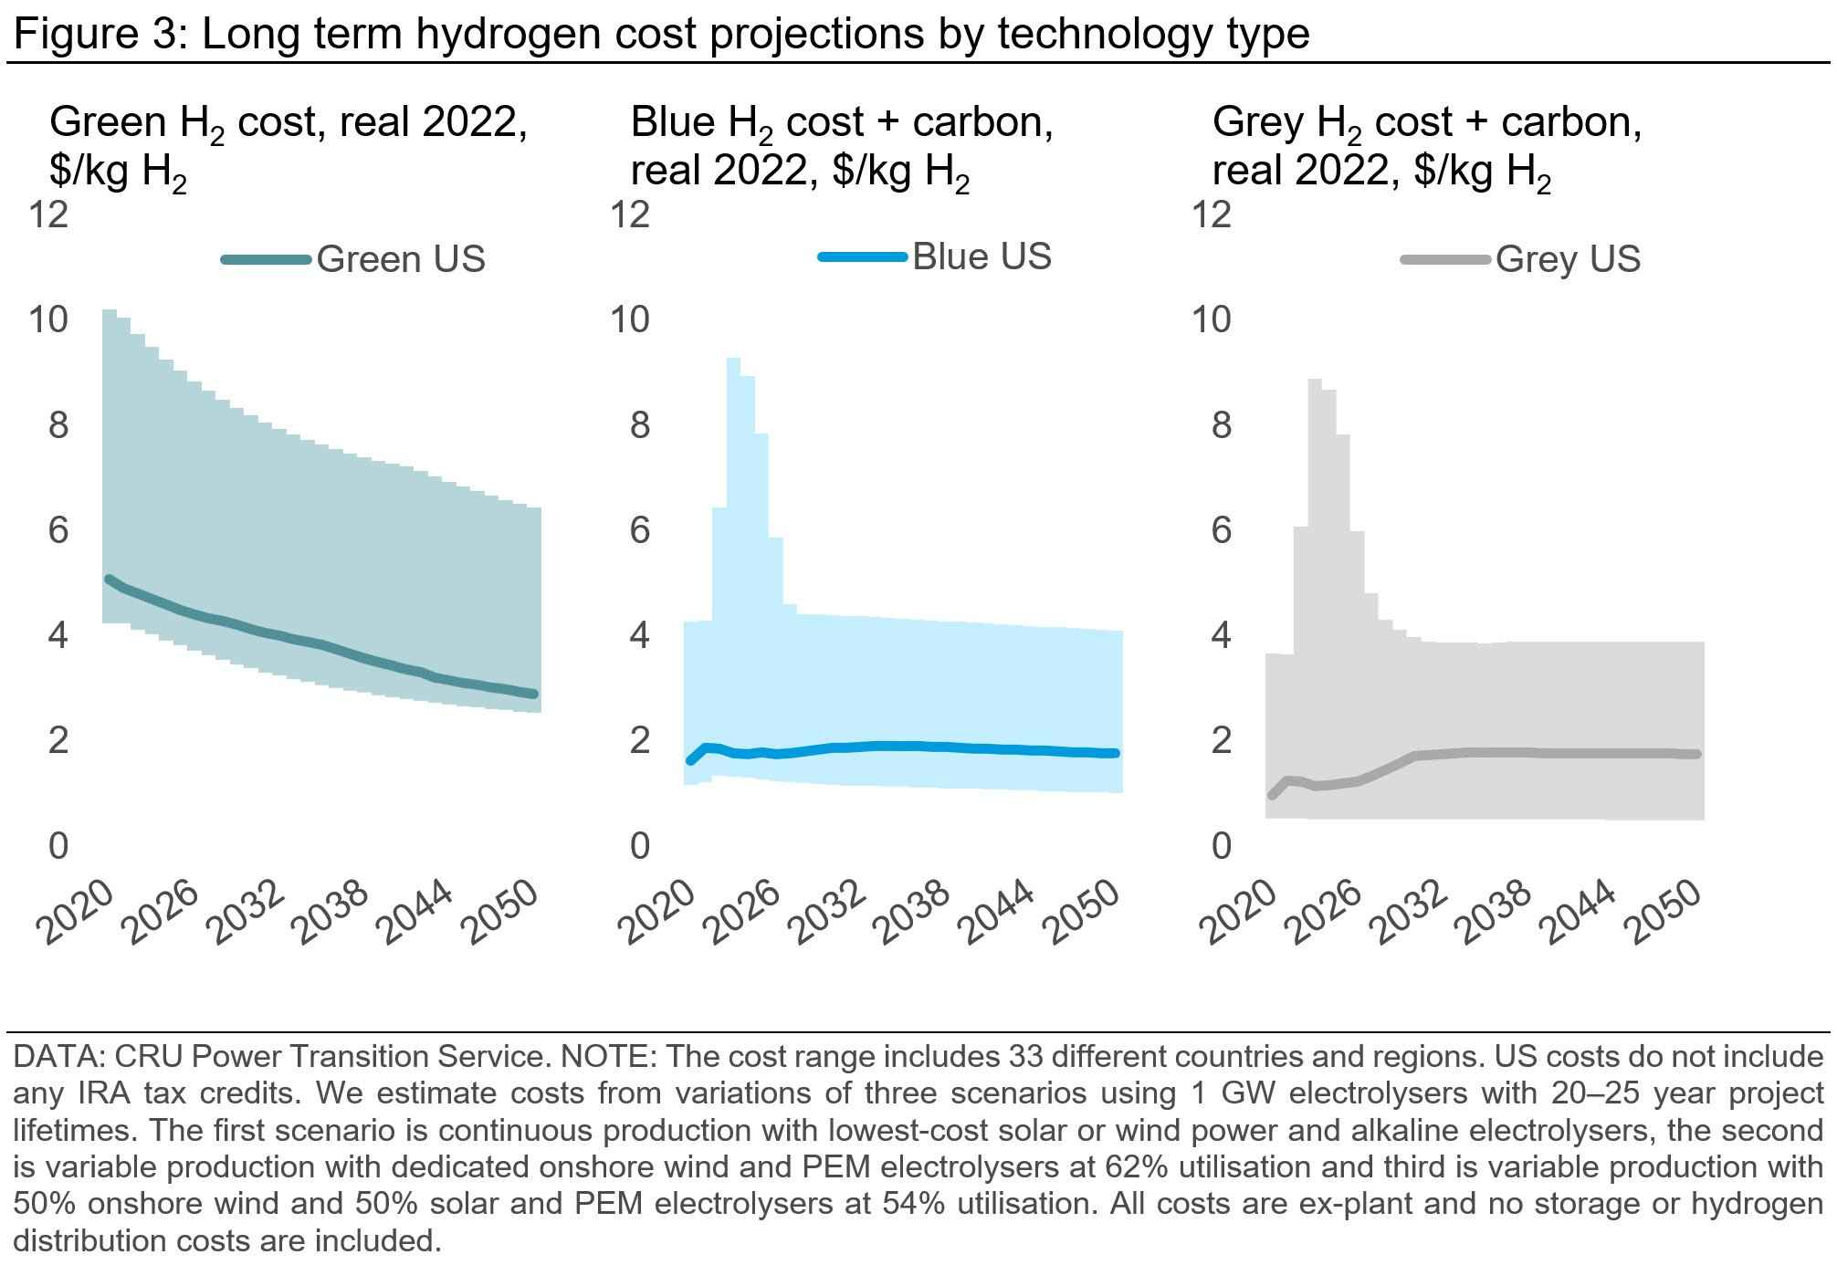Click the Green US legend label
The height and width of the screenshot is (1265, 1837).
[x=400, y=260]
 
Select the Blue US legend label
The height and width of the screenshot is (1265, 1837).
[x=981, y=256]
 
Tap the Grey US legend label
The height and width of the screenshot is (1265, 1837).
[x=1568, y=260]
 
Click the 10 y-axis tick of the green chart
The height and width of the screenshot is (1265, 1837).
[x=49, y=320]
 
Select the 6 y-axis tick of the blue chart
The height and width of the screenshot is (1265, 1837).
[x=640, y=530]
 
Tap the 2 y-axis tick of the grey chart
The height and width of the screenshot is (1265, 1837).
[x=1222, y=740]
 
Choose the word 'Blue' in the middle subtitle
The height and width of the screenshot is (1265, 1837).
[x=672, y=122]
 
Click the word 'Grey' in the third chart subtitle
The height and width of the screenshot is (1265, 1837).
[x=1254, y=122]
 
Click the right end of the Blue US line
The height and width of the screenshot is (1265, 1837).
[x=1115, y=753]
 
